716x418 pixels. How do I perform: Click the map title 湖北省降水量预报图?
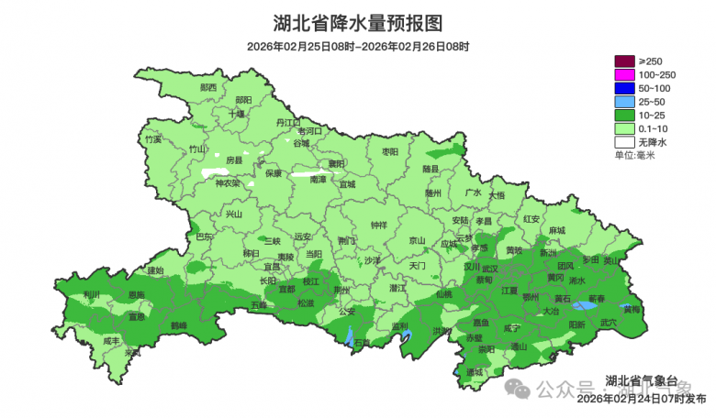pyautogui.click(x=358, y=22)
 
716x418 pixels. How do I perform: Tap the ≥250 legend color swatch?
pyautogui.click(x=625, y=60)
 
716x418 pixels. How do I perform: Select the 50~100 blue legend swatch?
pyautogui.click(x=625, y=88)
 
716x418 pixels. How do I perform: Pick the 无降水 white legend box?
pyautogui.click(x=625, y=142)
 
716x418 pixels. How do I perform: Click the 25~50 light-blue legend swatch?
pyautogui.click(x=625, y=102)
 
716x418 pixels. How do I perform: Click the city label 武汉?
pyautogui.click(x=489, y=269)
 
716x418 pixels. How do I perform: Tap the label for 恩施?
pyautogui.click(x=136, y=294)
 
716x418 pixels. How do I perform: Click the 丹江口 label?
pyautogui.click(x=288, y=122)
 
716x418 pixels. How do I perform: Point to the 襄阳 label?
pyautogui.click(x=337, y=165)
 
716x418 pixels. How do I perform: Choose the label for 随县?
pyautogui.click(x=431, y=170)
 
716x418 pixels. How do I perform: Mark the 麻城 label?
pyautogui.click(x=557, y=230)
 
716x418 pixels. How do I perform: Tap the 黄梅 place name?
pyautogui.click(x=632, y=309)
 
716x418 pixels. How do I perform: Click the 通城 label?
pyautogui.click(x=474, y=372)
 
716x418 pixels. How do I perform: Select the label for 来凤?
pyautogui.click(x=134, y=352)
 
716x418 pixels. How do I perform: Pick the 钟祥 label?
pyautogui.click(x=378, y=225)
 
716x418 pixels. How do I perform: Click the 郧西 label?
pyautogui.click(x=208, y=88)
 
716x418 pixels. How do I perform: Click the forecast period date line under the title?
pyautogui.click(x=358, y=46)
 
